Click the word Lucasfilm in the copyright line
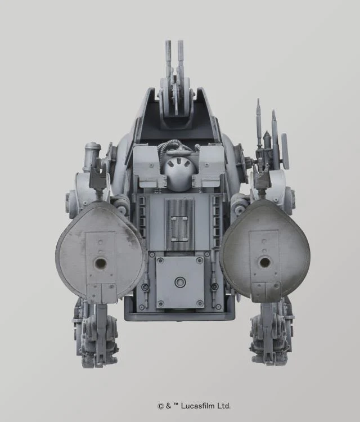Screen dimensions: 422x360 [x=197, y=405]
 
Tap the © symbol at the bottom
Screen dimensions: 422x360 [x=160, y=405]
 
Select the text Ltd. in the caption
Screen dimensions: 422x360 [x=223, y=405]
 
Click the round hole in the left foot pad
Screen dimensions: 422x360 [x=100, y=263]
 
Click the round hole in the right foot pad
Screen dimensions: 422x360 [x=264, y=262]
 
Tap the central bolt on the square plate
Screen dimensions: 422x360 [x=179, y=282]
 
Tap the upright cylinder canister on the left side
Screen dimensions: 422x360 [x=92, y=156]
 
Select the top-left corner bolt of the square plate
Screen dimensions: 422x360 [x=160, y=261]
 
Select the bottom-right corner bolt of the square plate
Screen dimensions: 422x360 [x=200, y=304]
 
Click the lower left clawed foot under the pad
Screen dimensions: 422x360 [x=97, y=338]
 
